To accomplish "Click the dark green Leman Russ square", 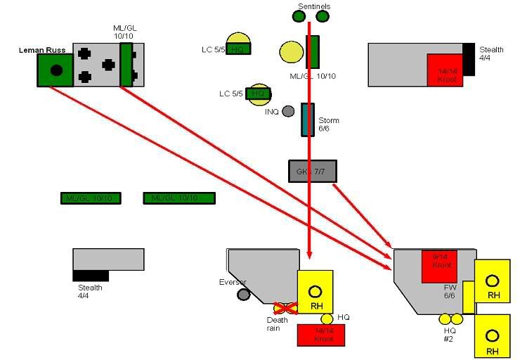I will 56,70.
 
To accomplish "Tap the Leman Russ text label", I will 41,51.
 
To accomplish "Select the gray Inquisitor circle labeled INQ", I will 288,111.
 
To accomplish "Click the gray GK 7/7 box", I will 313,171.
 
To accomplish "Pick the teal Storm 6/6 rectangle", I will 308,120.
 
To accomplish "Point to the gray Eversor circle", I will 244,294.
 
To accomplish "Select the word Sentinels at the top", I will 313,6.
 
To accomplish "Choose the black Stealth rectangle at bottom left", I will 91,275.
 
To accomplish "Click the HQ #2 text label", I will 450,335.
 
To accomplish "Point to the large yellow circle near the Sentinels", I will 291,52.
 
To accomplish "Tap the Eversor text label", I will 233,282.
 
